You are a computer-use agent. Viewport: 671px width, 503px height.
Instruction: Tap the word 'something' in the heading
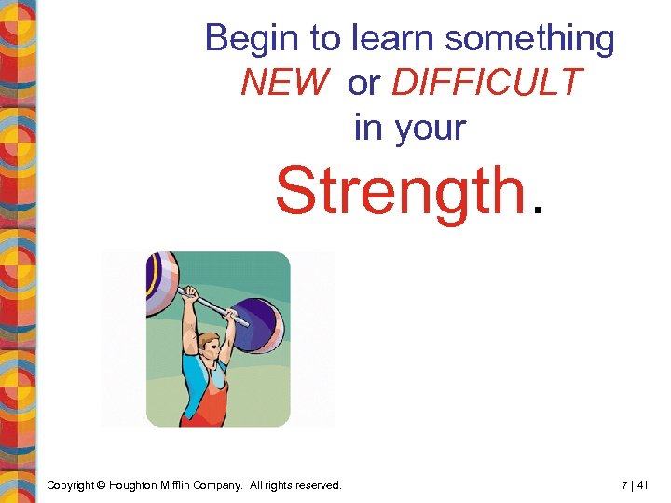coord(529,39)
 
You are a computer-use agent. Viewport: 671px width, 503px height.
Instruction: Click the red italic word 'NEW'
coord(285,84)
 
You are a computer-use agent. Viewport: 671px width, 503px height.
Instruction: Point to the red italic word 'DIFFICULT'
coord(486,84)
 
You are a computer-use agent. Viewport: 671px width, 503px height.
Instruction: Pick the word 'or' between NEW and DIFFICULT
coord(363,84)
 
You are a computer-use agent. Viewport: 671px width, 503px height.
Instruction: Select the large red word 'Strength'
coord(400,191)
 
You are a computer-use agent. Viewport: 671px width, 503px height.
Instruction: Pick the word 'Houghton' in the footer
coord(135,484)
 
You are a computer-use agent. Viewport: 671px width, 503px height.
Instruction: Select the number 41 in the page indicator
coord(641,484)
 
